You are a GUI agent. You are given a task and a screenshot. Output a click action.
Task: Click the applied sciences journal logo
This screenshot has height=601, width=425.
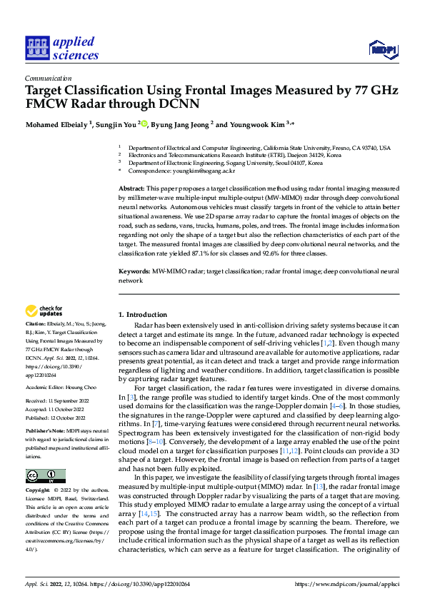pyautogui.click(x=61, y=48)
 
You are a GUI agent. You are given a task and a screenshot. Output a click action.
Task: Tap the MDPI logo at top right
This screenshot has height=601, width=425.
pyautogui.click(x=381, y=48)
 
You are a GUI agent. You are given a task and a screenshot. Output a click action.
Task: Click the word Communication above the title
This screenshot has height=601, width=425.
pyautogui.click(x=48, y=79)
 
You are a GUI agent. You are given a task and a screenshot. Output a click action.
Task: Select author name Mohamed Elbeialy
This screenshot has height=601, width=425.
pyautogui.click(x=56, y=124)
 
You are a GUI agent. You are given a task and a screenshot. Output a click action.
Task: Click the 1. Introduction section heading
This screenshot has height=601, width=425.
pyautogui.click(x=143, y=315)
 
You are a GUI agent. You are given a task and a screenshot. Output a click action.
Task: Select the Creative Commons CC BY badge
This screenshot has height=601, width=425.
pyautogui.click(x=46, y=476)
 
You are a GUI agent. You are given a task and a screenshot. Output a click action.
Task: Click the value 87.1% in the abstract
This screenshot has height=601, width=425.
pyautogui.click(x=181, y=253)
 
